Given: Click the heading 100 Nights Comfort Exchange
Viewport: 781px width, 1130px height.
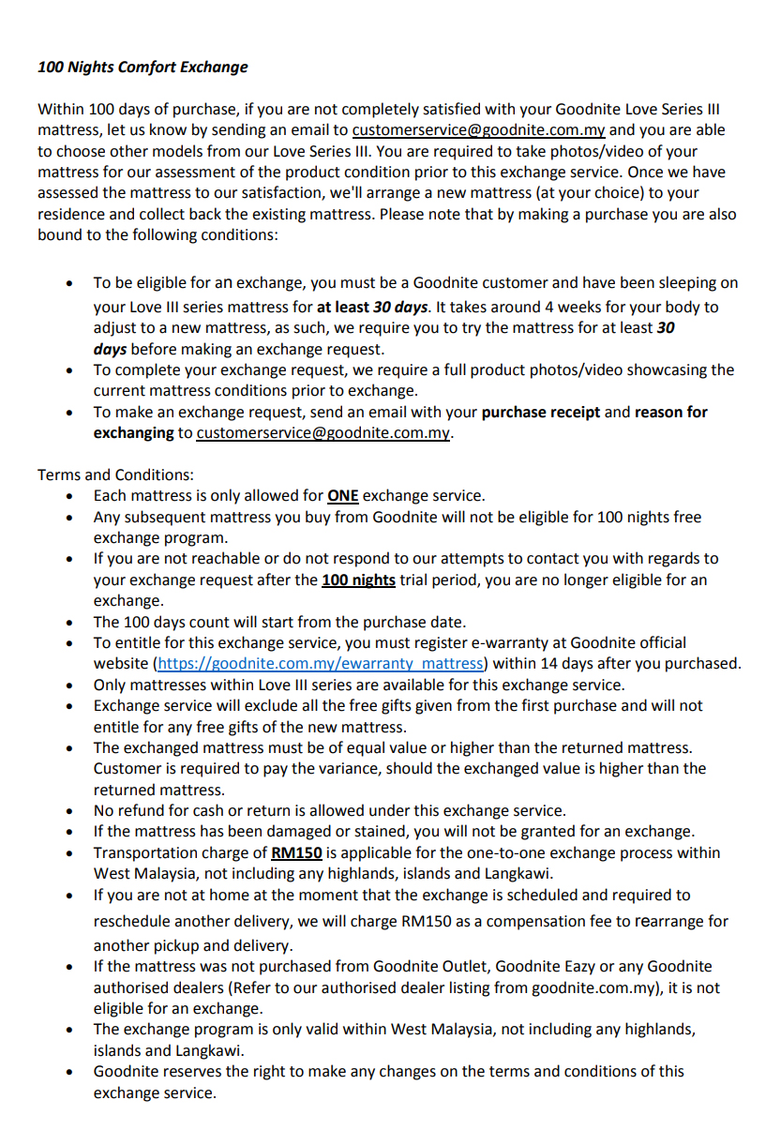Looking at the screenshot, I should (143, 68).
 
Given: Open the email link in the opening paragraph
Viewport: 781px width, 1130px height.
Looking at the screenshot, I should (478, 130).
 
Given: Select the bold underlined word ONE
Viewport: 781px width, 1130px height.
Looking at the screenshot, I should (343, 496).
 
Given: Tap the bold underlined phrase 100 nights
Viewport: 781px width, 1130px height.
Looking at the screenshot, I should (358, 580).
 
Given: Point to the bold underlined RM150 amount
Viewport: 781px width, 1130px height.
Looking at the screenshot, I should (296, 853).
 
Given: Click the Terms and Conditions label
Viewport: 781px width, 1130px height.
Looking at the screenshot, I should (115, 475).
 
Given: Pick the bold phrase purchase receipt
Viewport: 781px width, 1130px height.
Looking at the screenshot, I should (541, 413).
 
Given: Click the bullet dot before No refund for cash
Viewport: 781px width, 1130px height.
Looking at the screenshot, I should (71, 811).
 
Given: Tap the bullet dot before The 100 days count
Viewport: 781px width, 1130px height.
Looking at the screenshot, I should (71, 623).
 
